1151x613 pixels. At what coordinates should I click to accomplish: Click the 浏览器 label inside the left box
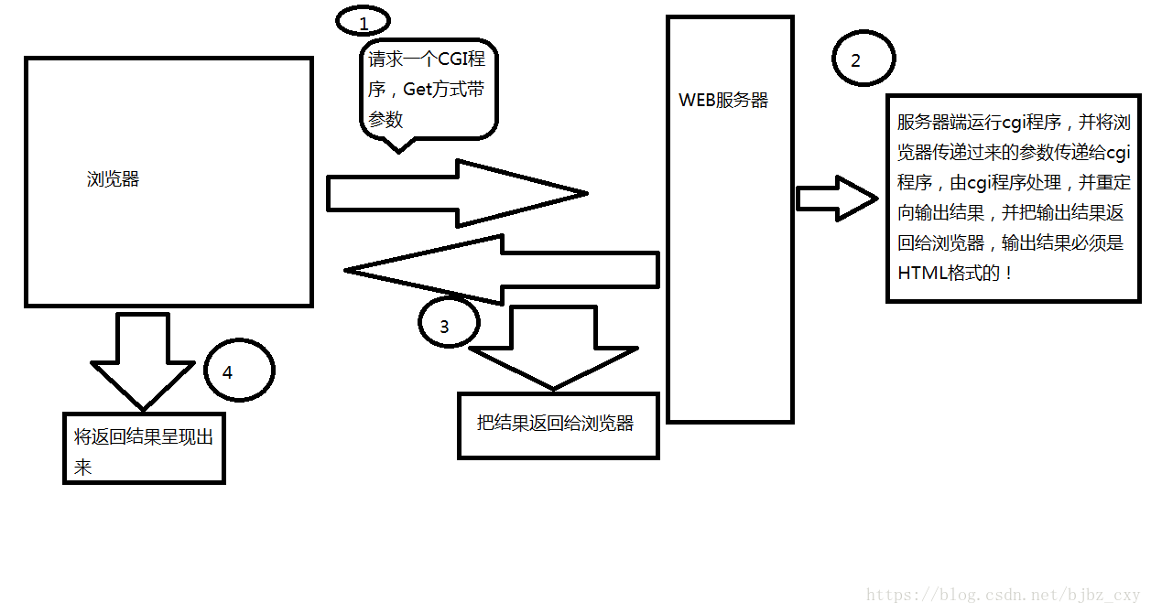(x=114, y=179)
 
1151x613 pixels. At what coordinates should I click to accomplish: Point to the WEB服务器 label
(x=723, y=101)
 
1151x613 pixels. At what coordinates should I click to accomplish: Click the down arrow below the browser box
(x=143, y=362)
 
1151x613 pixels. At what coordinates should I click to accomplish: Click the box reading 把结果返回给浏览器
(x=558, y=425)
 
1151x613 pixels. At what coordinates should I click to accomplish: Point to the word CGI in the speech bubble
(x=461, y=60)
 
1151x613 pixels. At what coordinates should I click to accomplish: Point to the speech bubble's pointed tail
(x=396, y=145)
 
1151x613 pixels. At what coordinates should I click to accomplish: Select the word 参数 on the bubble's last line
(x=385, y=119)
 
